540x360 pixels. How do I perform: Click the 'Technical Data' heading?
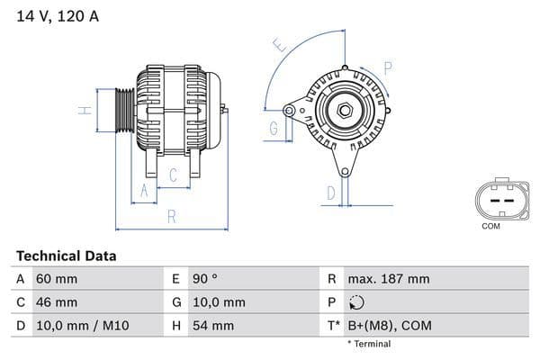point(66,256)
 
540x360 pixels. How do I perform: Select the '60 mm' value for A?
point(56,279)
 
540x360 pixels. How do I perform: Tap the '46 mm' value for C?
point(56,302)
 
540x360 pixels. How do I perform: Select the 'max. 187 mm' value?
point(391,279)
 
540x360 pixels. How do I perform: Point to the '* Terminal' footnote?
point(369,344)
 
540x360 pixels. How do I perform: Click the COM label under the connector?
point(490,226)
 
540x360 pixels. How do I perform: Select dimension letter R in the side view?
point(171,217)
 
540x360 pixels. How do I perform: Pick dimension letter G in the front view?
point(272,128)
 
